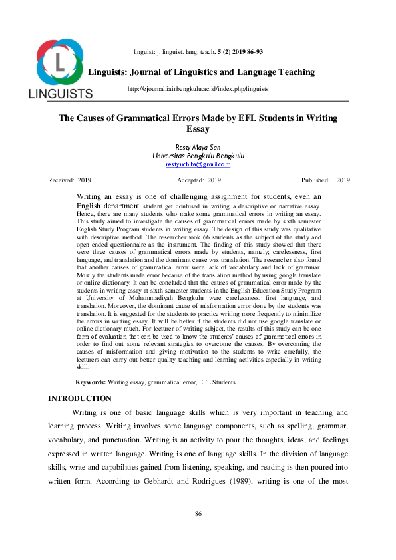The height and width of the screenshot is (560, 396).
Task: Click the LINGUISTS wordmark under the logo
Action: [60, 94]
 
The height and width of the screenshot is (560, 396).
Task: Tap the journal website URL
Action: [197, 88]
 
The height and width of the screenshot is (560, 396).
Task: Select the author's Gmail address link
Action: [198, 164]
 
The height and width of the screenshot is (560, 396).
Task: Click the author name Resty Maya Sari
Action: [198, 146]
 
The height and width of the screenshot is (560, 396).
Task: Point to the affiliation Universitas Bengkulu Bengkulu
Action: [198, 155]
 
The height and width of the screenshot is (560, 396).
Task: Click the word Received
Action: [61, 180]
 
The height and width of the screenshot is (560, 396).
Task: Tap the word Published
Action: [315, 180]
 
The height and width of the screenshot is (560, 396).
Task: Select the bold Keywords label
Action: [91, 382]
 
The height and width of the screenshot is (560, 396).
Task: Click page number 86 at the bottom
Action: [198, 514]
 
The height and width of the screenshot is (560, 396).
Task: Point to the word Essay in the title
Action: [198, 128]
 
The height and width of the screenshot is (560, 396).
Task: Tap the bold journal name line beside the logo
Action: [202, 72]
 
